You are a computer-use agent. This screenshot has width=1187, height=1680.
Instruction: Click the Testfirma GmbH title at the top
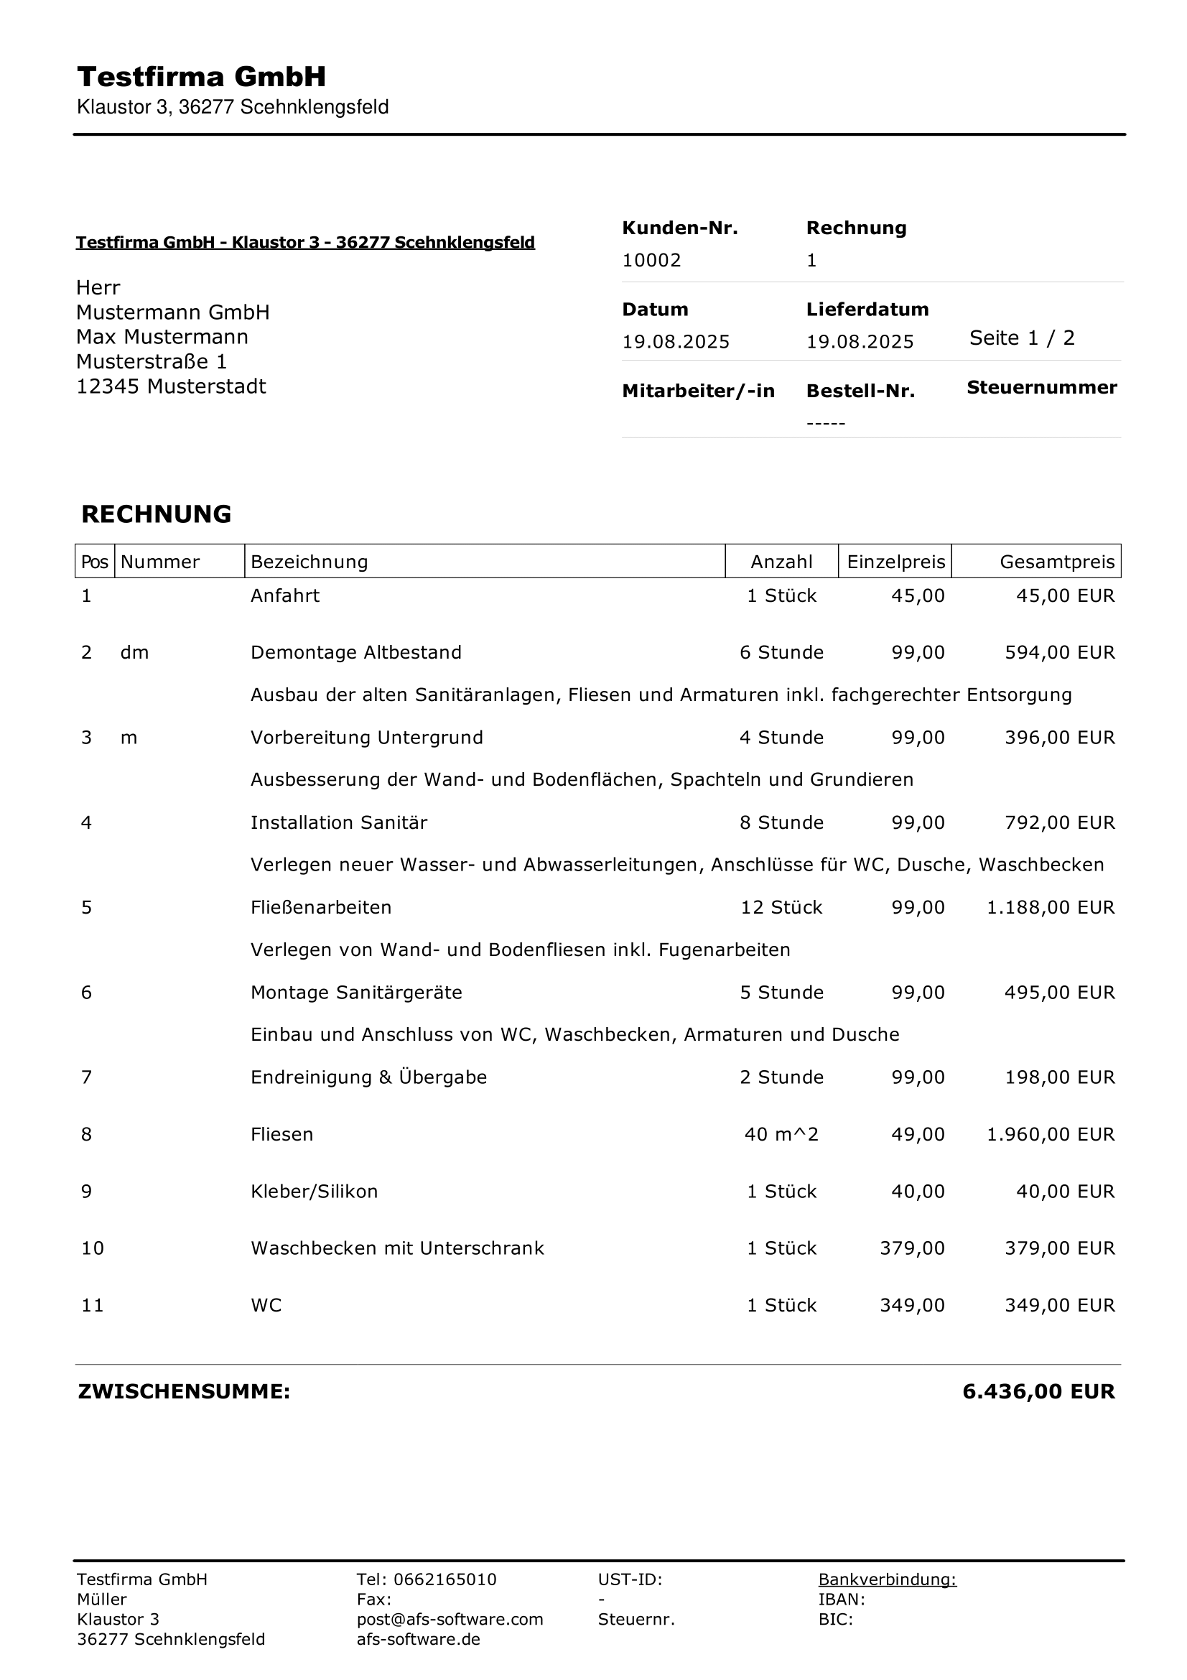coord(201,77)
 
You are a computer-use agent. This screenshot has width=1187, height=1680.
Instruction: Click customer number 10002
coord(651,261)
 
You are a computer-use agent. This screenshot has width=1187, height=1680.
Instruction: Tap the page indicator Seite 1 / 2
coord(1021,338)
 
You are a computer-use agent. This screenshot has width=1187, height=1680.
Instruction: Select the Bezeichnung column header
coord(309,562)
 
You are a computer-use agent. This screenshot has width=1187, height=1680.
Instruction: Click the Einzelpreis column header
coord(895,562)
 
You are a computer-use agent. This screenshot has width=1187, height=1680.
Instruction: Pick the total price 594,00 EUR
coord(1059,653)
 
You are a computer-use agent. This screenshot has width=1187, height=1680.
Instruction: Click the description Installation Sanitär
coord(339,822)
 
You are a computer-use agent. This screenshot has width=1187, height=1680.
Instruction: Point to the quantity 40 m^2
coord(781,1134)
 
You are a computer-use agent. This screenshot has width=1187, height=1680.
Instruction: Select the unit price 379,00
coord(911,1248)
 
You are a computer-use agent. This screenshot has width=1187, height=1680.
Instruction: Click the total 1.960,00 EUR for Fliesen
coord(1051,1134)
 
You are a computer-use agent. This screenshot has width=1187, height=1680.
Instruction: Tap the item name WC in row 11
coord(266,1305)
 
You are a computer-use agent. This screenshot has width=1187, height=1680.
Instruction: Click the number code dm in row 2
coord(134,653)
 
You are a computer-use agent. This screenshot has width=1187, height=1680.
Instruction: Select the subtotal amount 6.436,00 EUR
coord(1038,1392)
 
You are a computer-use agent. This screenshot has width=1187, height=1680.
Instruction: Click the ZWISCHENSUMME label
coord(184,1392)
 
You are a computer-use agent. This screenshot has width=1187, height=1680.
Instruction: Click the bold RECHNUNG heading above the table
coord(156,514)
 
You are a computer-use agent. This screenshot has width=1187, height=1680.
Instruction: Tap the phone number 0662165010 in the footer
coord(444,1579)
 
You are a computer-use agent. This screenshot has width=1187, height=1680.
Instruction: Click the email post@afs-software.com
coord(450,1619)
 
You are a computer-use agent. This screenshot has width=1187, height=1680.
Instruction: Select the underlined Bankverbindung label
coord(886,1579)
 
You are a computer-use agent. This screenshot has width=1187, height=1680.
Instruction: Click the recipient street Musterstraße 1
coord(152,361)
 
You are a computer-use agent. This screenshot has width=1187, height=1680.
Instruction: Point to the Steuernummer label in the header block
coord(1041,388)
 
